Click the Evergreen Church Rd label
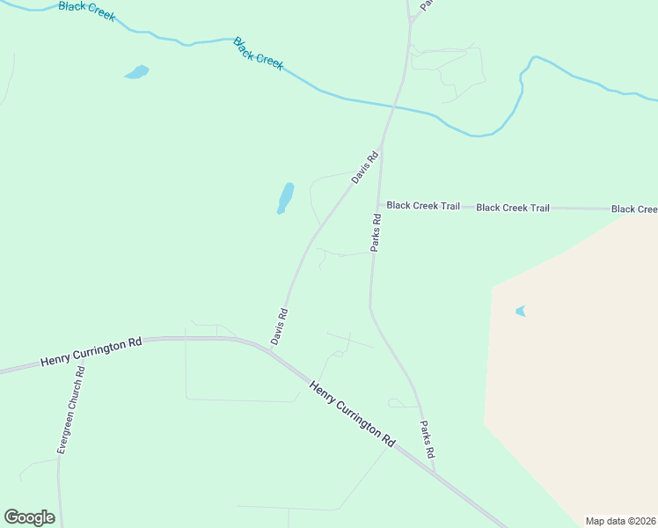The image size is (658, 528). coord(74,408)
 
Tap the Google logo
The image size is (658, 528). coord(29,517)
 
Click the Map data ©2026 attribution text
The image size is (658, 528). coord(620,520)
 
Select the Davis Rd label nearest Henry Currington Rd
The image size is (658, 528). coord(280,326)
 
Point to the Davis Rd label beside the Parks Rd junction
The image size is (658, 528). coord(365,167)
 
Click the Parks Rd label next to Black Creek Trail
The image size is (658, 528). coord(376,233)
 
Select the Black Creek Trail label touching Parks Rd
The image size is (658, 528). coord(423,206)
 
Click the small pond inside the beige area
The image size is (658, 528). coord(520,311)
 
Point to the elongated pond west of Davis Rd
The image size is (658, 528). coord(285,198)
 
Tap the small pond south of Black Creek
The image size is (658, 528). coord(136,72)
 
